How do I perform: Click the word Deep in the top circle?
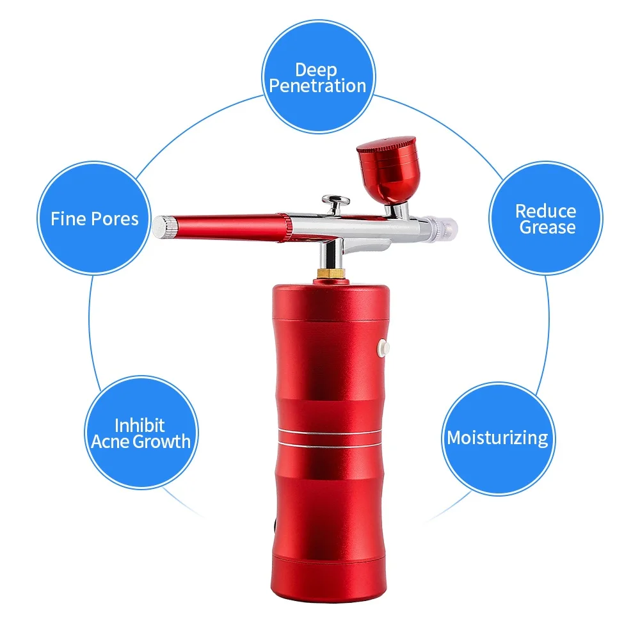click(316, 70)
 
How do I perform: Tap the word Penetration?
click(317, 86)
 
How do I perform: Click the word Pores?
click(115, 219)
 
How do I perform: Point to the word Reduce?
click(545, 211)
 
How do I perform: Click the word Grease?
click(547, 227)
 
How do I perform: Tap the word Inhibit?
click(140, 425)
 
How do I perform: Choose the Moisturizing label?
click(497, 438)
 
